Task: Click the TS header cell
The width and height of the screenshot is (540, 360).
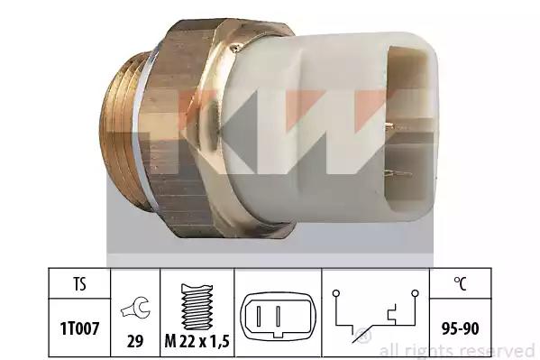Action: (79, 284)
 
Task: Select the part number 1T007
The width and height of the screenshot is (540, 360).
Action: (80, 328)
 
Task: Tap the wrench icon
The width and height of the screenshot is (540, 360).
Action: (135, 308)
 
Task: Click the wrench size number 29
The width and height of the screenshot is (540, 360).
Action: (135, 341)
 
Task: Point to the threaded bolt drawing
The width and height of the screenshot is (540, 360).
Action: (197, 307)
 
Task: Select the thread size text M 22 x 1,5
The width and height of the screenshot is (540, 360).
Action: (197, 341)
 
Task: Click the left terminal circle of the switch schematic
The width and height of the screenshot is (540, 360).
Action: (336, 293)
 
